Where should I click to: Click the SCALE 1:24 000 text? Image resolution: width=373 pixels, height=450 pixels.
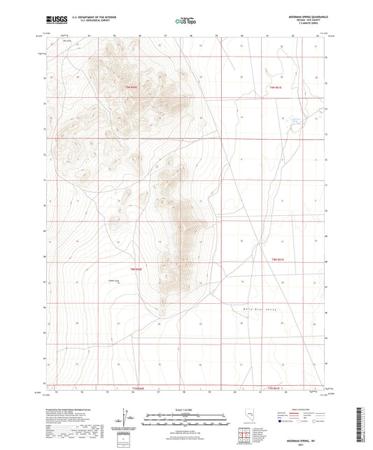point(186,409)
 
